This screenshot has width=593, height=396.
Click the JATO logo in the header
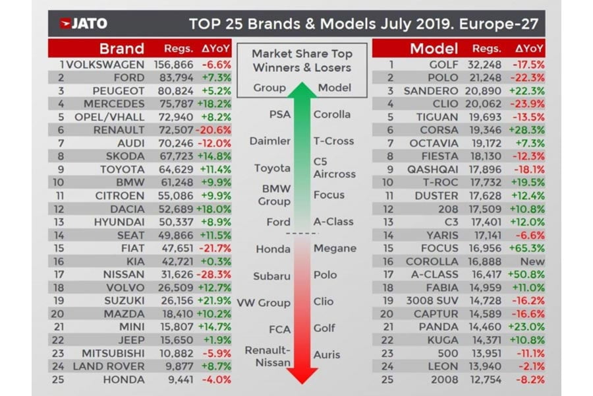pos(83,25)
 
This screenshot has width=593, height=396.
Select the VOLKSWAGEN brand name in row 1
pos(105,65)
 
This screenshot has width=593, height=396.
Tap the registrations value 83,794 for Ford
pos(174,78)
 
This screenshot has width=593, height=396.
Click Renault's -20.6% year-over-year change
pos(216,130)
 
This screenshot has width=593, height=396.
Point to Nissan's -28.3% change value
pos(216,275)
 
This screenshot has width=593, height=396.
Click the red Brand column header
pos(121,48)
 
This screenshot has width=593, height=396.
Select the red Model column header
pos(434,48)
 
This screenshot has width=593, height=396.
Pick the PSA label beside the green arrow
pos(279,115)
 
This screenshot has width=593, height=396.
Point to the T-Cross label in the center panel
pos(333,141)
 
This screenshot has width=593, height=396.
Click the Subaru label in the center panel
pos(271,276)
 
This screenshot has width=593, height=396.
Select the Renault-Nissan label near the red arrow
pos(268,356)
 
